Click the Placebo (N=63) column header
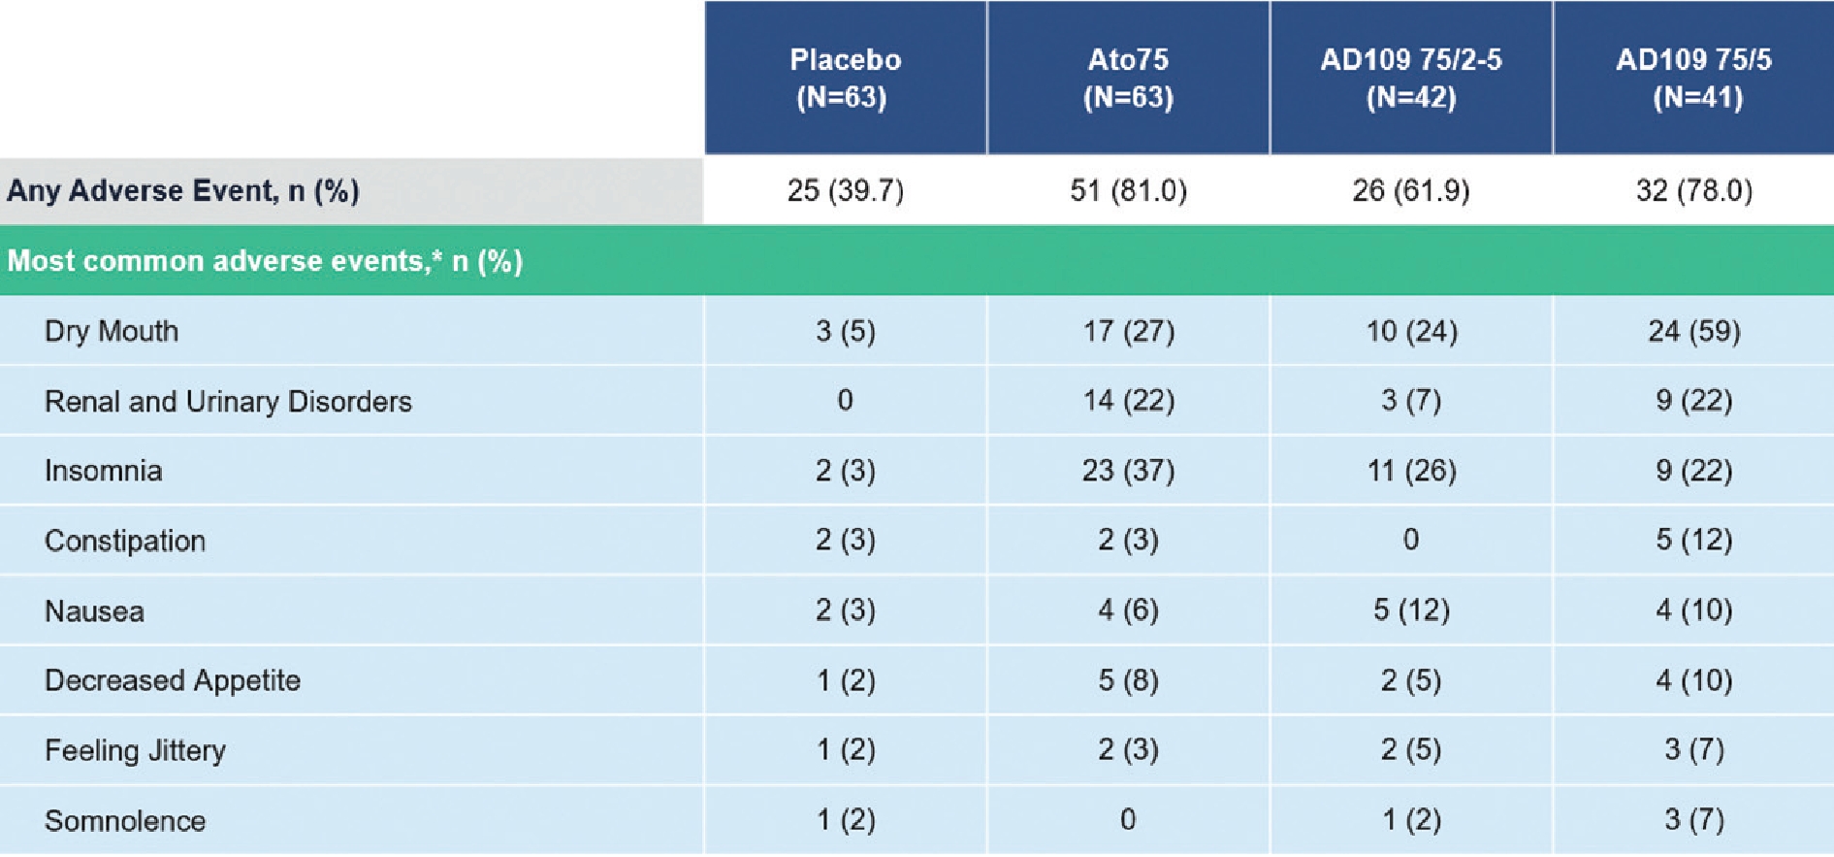[x=845, y=78]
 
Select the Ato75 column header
[x=1128, y=78]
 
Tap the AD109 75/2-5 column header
[x=1411, y=78]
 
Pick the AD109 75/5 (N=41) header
[x=1694, y=78]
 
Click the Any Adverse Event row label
[x=183, y=190]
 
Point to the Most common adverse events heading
[x=265, y=261]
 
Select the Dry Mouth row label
[x=112, y=331]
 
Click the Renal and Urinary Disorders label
[x=228, y=401]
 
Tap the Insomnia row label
[x=103, y=471]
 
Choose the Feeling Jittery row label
[x=135, y=750]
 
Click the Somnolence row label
[x=125, y=821]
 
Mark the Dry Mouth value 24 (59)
[x=1694, y=331]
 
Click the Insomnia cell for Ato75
[x=1128, y=471]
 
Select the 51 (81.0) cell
[x=1128, y=190]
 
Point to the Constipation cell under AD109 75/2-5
[x=1411, y=540]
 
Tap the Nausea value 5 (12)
[x=1411, y=610]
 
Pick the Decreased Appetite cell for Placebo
[x=845, y=680]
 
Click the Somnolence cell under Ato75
[x=1128, y=820]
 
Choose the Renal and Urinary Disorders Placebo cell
[x=845, y=400]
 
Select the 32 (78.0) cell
[x=1694, y=190]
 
